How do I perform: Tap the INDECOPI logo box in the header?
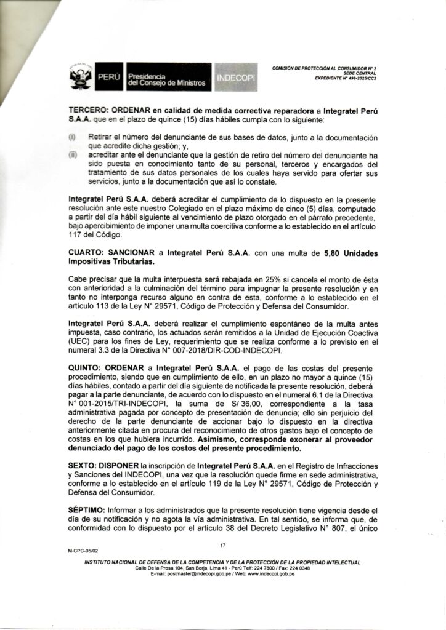click(237, 78)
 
